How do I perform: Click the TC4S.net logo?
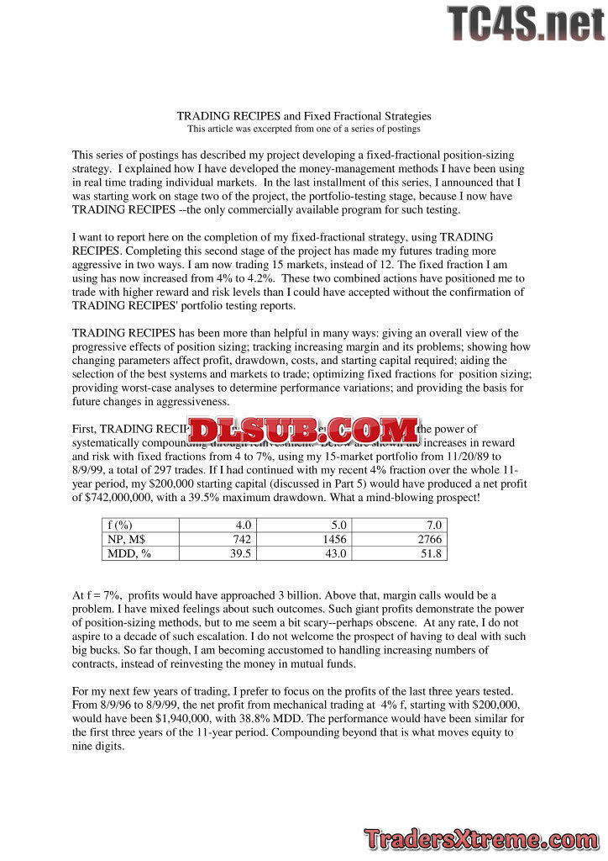coord(526,24)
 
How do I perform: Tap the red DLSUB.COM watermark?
coord(303,430)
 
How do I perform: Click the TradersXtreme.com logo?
coord(482,838)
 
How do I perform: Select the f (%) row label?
coord(122,524)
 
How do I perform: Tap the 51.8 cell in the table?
coord(429,552)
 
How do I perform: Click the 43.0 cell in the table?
coord(336,552)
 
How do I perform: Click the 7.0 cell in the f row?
coord(432,524)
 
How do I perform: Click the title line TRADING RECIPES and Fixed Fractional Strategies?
coord(303,116)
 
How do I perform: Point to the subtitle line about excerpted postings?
coord(303,129)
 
